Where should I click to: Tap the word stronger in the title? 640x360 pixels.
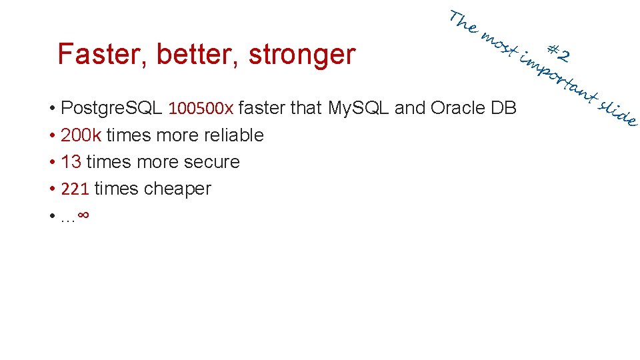(x=302, y=55)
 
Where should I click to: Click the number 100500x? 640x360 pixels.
(x=201, y=108)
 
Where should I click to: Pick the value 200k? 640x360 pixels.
(x=81, y=135)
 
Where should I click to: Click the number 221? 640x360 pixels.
(x=75, y=189)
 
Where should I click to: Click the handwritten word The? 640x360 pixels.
(x=463, y=21)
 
